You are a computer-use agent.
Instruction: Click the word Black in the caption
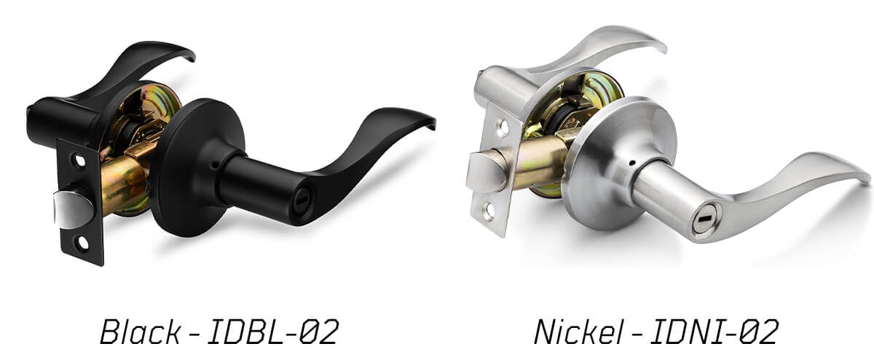140,332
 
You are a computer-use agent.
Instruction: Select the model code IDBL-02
272,332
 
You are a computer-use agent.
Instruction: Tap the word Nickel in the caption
578,332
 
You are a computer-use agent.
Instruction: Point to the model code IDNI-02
714,332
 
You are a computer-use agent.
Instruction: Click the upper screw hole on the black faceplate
80,161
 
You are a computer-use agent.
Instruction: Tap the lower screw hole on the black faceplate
83,243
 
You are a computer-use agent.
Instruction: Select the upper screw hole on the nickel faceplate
504,128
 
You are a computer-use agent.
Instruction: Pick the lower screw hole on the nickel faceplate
489,211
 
